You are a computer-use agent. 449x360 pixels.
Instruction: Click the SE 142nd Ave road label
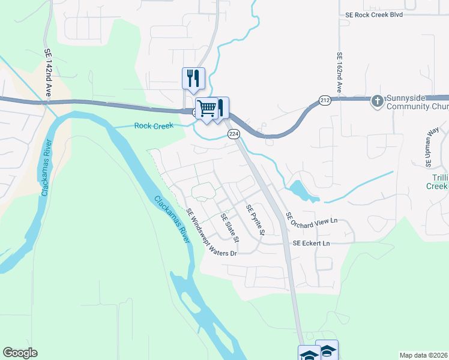48,74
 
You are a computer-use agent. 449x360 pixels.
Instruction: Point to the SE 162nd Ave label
339,72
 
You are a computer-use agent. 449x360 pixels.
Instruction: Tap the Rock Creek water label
154,125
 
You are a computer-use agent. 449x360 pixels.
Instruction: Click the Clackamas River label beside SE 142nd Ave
46,168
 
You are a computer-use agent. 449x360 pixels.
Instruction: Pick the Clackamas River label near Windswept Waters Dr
172,220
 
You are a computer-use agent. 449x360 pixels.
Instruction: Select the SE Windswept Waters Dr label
211,232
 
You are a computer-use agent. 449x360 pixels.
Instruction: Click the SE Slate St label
230,228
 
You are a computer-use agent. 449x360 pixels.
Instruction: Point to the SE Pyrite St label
255,220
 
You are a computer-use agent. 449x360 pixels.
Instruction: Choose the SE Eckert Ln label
312,244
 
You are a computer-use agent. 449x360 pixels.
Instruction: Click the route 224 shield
234,135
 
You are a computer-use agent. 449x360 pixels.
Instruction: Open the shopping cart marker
206,109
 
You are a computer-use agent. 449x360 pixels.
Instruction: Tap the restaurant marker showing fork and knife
193,79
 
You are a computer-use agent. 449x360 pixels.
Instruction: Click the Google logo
20,353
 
